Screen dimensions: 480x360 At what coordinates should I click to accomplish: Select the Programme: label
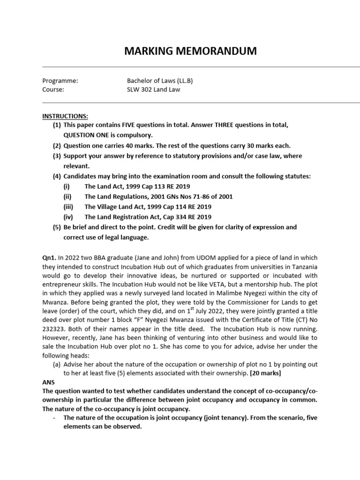pyautogui.click(x=60, y=80)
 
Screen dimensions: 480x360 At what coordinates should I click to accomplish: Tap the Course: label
pyautogui.click(x=53, y=90)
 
